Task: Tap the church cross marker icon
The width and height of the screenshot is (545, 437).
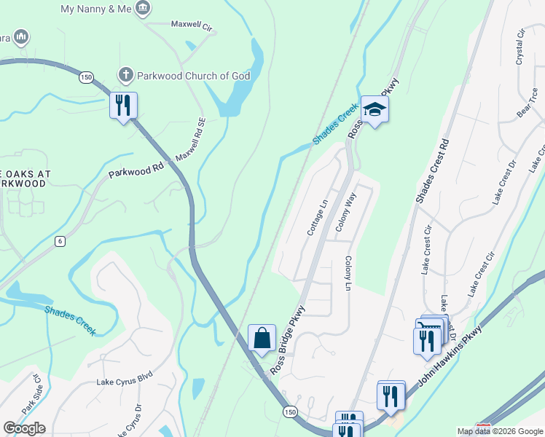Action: click(125, 75)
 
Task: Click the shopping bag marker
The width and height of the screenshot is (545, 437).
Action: click(262, 339)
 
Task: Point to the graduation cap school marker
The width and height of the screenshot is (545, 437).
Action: click(375, 109)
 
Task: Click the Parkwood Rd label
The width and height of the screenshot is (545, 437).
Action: click(136, 170)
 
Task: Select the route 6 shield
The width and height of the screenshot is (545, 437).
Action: click(60, 241)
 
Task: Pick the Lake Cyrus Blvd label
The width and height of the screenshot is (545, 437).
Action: click(124, 380)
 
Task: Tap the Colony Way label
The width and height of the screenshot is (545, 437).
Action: click(345, 212)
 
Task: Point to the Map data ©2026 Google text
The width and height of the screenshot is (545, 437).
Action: click(500, 431)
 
